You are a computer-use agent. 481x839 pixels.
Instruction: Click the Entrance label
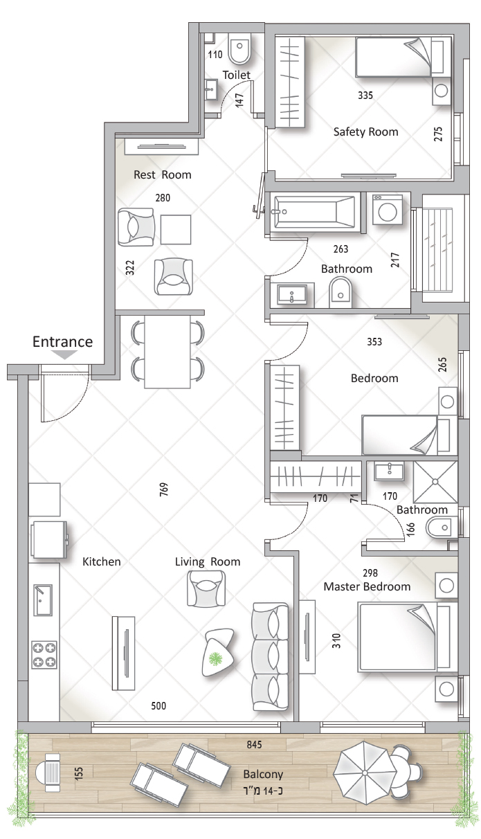click(62, 341)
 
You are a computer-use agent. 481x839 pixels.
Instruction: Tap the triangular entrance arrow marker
click(64, 354)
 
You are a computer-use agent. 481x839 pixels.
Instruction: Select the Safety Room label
click(365, 132)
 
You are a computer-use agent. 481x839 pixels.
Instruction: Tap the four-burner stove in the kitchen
click(44, 654)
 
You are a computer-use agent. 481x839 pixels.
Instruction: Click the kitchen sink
click(43, 600)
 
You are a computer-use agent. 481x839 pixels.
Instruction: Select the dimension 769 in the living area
click(164, 489)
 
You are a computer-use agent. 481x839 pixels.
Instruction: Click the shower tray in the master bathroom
click(435, 482)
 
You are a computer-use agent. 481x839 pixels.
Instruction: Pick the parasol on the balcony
click(365, 773)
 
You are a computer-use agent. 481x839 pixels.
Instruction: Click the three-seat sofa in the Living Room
click(271, 656)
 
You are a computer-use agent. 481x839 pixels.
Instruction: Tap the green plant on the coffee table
click(215, 658)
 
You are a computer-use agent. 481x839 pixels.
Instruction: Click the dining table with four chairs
click(167, 352)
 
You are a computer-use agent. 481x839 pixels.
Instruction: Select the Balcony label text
click(263, 774)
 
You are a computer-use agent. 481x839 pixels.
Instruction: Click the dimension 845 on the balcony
click(254, 745)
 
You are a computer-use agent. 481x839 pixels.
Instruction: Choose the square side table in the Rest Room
click(176, 230)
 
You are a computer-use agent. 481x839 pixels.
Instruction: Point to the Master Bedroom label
click(367, 586)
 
